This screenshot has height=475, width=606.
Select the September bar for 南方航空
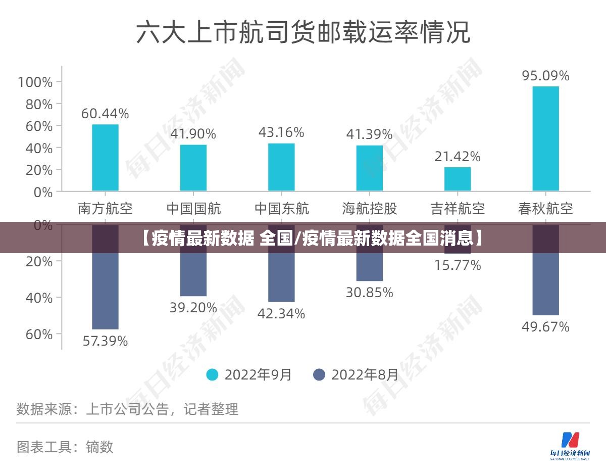105,157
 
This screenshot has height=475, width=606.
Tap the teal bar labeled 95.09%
545,138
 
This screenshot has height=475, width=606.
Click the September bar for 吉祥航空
458,179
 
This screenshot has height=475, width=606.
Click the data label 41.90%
193,134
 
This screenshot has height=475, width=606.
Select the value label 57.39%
105,341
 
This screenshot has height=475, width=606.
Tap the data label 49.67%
545,327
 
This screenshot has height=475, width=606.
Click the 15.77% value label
458,265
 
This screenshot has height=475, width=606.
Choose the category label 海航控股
370,208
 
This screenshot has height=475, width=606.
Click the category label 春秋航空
545,208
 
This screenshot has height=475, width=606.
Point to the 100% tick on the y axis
35,82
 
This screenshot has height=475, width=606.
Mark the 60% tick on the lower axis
39,334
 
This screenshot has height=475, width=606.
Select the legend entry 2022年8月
356,374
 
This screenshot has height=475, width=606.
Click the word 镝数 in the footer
99,447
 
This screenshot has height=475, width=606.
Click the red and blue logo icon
570,440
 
